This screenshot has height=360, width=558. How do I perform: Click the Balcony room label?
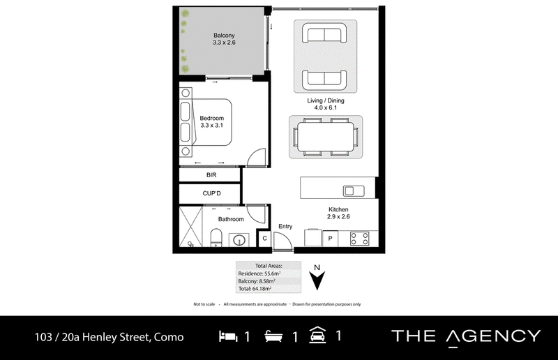pos(224,36)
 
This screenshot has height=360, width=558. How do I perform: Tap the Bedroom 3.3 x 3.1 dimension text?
pos(212,126)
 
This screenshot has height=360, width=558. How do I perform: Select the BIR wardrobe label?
pos(211,175)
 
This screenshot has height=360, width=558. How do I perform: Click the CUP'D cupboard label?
pos(212,193)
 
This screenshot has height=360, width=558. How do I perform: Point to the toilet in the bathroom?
pos(216,238)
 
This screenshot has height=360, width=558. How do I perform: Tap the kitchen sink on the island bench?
pos(354,191)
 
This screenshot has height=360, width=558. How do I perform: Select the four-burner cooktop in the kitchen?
pos(359,238)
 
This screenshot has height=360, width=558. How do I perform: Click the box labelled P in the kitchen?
pos(330,238)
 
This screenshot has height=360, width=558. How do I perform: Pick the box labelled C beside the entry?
pos(264,239)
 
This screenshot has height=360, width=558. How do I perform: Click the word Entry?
pos(285,227)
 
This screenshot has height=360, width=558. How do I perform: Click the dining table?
pos(326,137)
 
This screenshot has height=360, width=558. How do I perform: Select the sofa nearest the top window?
pos(324,33)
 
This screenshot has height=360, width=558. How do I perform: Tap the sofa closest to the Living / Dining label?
pos(324,80)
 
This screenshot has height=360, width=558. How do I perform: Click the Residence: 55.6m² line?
pos(259,273)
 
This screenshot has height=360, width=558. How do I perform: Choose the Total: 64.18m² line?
pos(255,288)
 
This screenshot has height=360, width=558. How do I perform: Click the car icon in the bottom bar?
pos(317,335)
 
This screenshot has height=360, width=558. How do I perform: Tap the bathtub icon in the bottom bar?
pos(273,336)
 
